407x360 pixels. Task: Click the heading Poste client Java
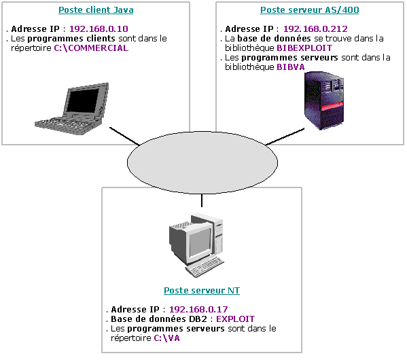point(96,10)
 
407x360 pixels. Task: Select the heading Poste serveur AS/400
point(309,10)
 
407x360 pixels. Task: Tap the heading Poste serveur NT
point(202,290)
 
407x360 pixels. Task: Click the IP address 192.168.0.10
point(99,29)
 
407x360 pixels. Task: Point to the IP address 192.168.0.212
point(315,29)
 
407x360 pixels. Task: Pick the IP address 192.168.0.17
point(198,309)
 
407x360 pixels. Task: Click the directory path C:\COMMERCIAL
point(91,48)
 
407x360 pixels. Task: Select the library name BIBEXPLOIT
point(304,48)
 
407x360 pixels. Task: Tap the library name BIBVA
point(291,67)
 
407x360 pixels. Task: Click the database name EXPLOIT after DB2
point(235,319)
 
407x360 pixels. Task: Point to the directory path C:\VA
point(166,338)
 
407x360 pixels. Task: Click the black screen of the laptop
point(82,100)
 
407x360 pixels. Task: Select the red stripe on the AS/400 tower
point(332,107)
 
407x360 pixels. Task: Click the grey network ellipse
point(202,162)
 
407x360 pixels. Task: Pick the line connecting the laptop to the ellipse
point(124,136)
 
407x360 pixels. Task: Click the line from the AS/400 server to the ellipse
point(285,137)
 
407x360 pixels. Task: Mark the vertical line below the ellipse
point(202,200)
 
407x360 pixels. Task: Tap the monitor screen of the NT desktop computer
point(200,242)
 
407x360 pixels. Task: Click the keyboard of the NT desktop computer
point(205,267)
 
